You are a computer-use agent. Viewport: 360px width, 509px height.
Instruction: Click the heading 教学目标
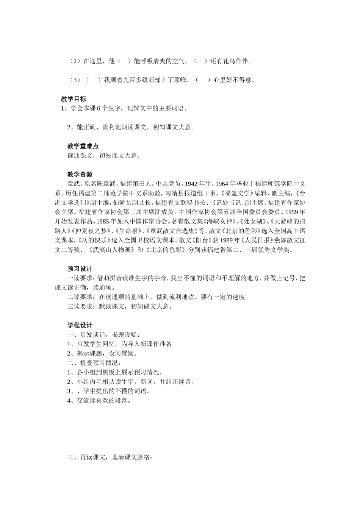pos(74,99)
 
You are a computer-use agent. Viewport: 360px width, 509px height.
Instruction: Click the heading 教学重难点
pos(83,146)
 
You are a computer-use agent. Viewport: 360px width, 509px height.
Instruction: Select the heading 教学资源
pos(80,175)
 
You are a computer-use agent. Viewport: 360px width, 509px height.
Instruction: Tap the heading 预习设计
pos(80,269)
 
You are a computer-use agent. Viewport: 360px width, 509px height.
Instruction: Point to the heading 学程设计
pos(80,325)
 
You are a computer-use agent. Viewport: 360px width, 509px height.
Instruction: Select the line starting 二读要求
pos(158,297)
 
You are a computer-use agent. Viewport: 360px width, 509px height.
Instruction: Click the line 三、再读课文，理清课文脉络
pos(110,457)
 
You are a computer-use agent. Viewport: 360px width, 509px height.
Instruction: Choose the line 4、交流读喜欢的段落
pos(99,401)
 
